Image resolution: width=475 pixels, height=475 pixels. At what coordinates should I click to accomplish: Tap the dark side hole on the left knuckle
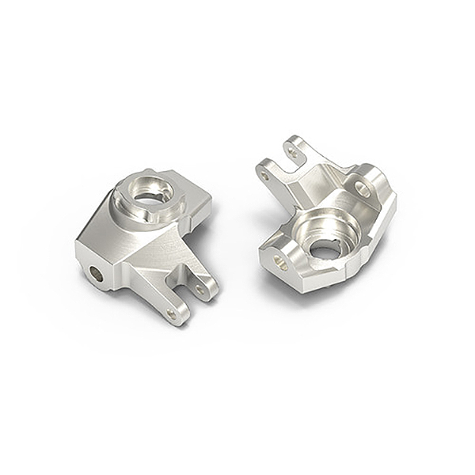pyautogui.click(x=96, y=274)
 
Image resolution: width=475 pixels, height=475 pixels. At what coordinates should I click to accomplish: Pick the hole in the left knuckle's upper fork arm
pyautogui.click(x=201, y=290)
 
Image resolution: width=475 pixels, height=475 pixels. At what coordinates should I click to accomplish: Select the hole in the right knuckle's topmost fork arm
pyautogui.click(x=293, y=150)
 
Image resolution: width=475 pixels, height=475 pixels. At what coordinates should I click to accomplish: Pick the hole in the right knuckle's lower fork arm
pyautogui.click(x=265, y=175)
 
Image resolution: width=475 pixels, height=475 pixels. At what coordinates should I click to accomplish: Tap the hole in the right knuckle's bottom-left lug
pyautogui.click(x=279, y=262)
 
